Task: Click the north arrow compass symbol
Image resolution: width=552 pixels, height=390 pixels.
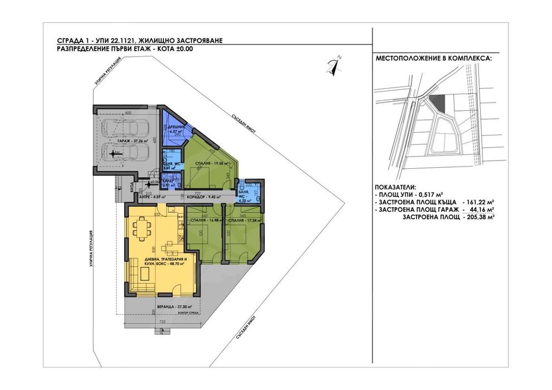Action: (336, 64)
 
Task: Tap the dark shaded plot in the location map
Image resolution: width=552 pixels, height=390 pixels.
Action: (439, 102)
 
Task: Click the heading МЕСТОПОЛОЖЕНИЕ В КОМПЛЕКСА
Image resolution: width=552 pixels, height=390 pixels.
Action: (430, 58)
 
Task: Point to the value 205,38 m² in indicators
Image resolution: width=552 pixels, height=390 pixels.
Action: (479, 218)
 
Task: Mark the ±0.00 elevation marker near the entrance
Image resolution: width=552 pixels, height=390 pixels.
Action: (154, 182)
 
